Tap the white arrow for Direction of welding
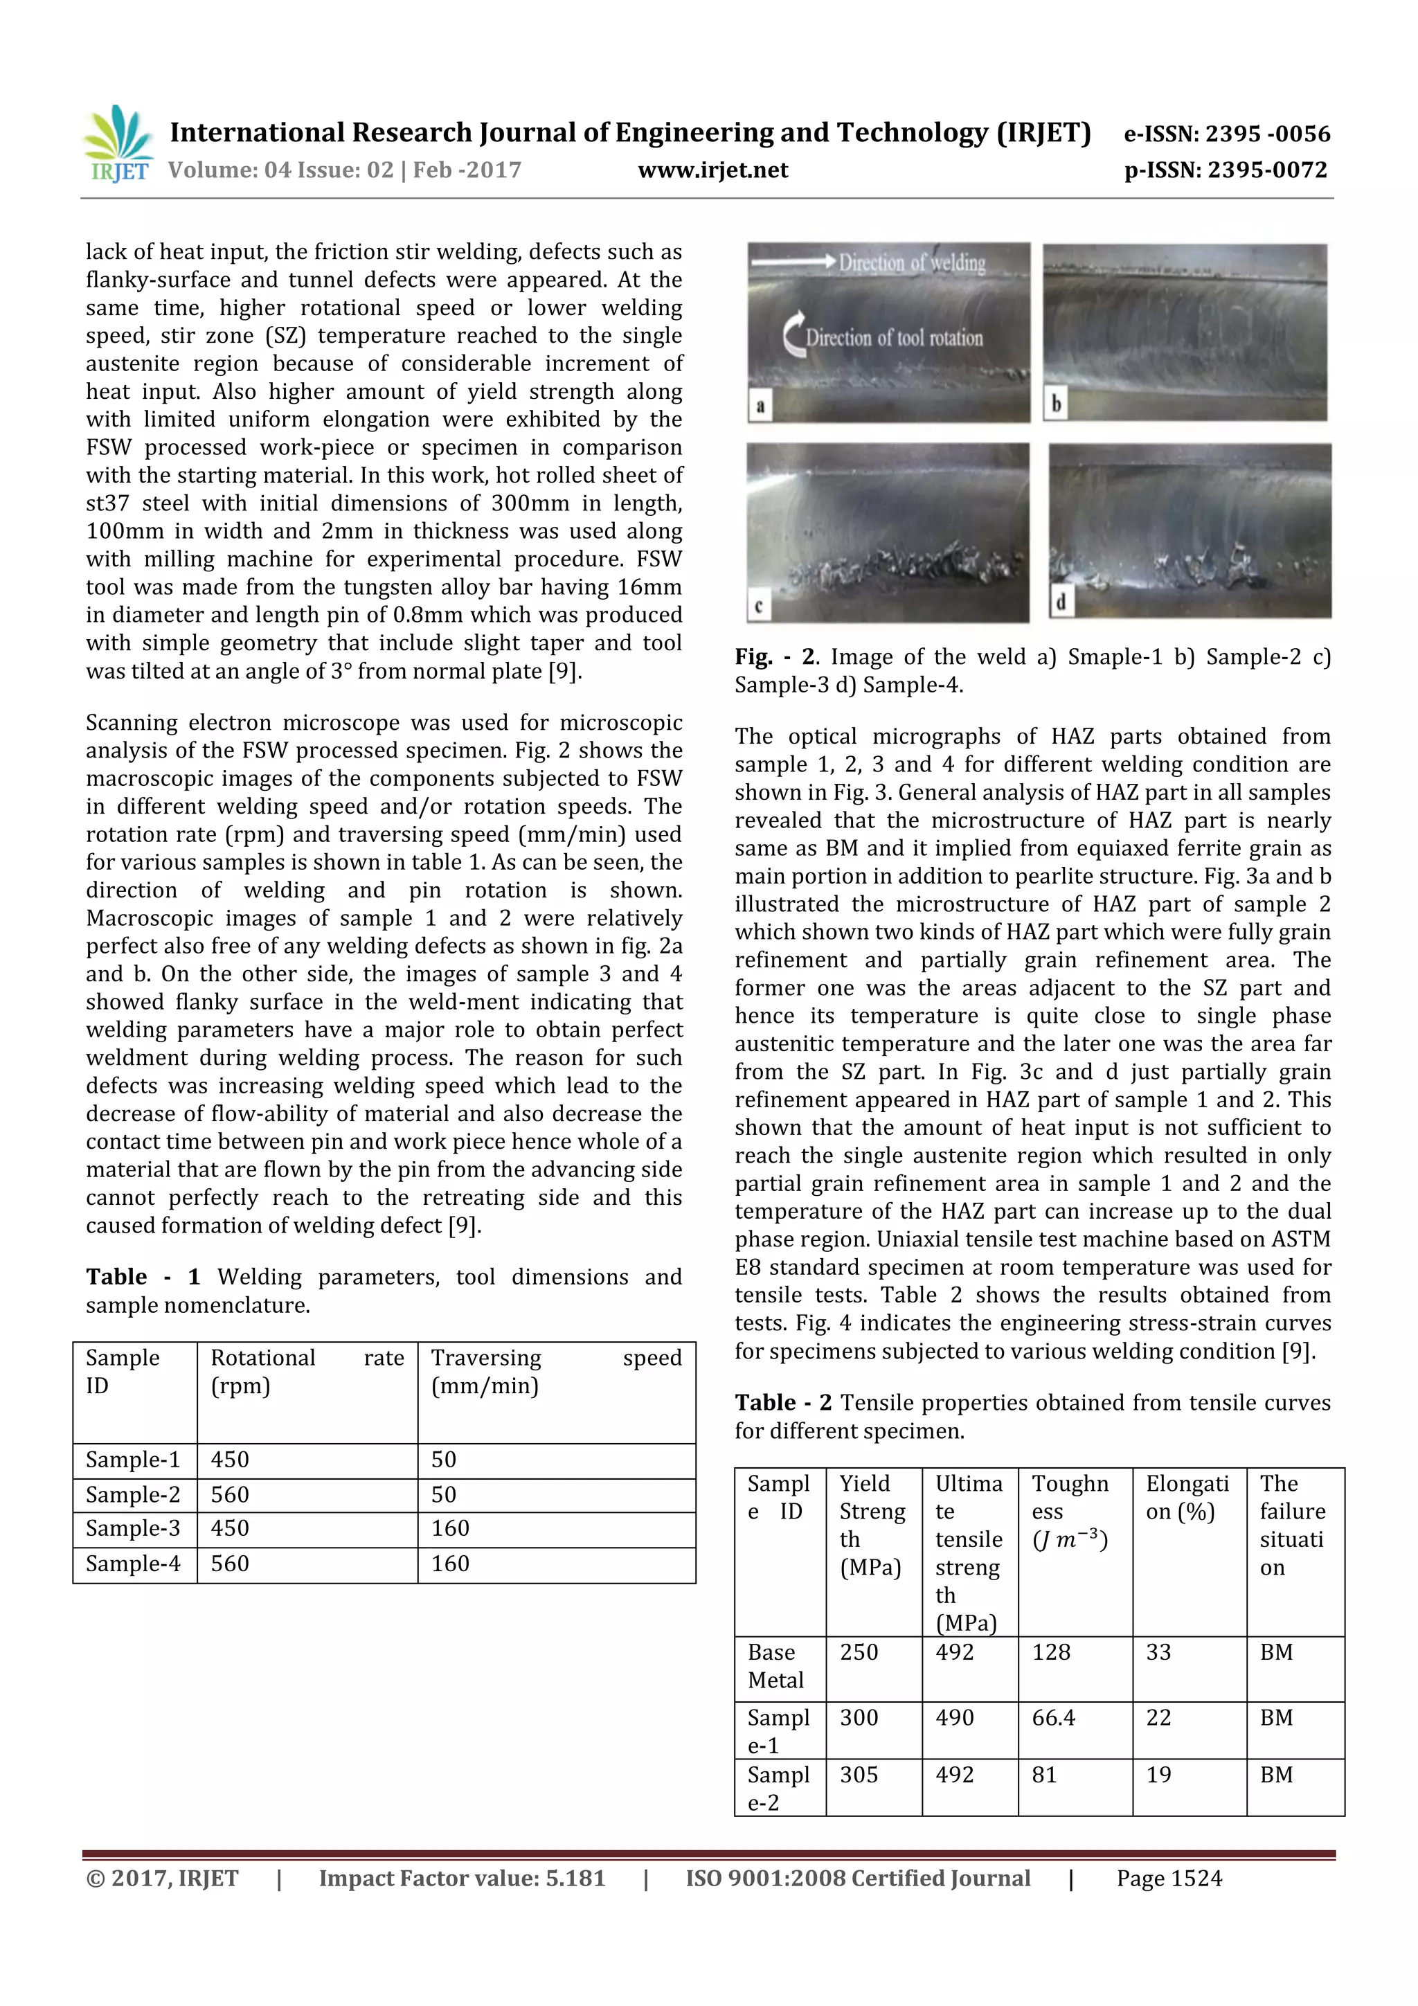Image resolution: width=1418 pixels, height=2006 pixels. coord(793,260)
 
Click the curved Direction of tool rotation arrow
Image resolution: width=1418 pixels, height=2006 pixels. coord(794,337)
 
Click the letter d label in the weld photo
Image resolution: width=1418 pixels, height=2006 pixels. coord(1061,603)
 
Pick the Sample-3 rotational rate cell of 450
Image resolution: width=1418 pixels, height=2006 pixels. coord(230,1528)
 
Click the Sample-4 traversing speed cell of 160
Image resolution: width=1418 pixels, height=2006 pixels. coord(450,1563)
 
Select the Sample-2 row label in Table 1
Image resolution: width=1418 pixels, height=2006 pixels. coord(133,1494)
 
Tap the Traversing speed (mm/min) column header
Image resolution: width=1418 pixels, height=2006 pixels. coord(556,1371)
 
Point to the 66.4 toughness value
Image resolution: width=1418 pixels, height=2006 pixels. coord(1053,1718)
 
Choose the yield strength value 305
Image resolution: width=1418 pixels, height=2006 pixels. coord(858,1775)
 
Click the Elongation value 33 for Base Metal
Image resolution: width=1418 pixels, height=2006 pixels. coord(1158,1652)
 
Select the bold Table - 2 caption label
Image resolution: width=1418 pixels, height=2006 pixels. coord(783,1402)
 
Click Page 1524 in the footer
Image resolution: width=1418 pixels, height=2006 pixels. coord(1168,1878)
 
